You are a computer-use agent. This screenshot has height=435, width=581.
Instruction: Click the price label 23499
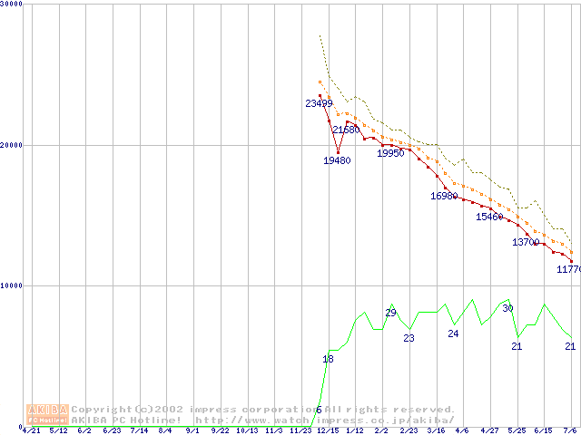tap(319, 103)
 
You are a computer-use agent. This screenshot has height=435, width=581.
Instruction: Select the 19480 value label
tap(337, 160)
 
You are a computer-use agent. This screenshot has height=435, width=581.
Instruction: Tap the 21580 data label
tap(346, 130)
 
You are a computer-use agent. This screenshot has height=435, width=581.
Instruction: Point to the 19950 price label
tap(390, 153)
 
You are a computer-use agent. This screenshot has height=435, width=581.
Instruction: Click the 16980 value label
tap(444, 196)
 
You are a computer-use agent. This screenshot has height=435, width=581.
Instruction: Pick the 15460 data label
tap(489, 217)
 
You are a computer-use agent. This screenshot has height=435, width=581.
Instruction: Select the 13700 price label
tap(526, 242)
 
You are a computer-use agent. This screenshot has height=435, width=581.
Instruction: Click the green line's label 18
tap(329, 359)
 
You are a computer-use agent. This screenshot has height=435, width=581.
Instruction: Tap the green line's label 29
tap(391, 313)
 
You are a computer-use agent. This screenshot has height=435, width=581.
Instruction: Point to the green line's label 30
tap(507, 308)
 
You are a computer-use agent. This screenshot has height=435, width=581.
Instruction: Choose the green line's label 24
tap(453, 333)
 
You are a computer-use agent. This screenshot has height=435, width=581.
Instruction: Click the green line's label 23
tap(409, 338)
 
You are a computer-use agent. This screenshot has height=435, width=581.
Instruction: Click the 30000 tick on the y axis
tap(12, 5)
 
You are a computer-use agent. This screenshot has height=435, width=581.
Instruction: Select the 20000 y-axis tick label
tap(12, 145)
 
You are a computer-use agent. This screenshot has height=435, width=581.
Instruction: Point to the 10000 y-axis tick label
tap(12, 285)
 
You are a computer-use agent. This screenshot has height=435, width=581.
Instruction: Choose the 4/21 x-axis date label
tap(31, 430)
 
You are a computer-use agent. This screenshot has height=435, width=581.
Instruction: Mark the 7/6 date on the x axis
tap(571, 430)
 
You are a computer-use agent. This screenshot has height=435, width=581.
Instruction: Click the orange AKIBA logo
tap(47, 414)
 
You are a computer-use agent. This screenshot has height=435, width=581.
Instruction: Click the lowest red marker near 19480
tap(338, 152)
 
